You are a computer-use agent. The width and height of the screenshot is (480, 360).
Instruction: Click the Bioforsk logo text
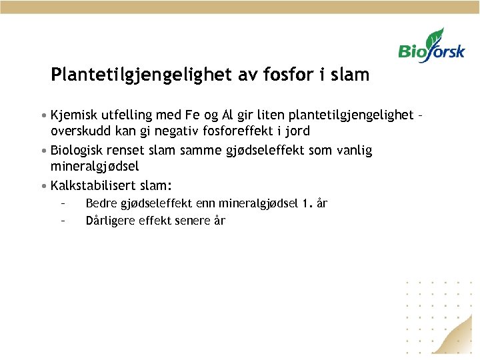tap(431, 51)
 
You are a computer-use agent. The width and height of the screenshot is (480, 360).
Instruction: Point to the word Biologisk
tap(80, 151)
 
